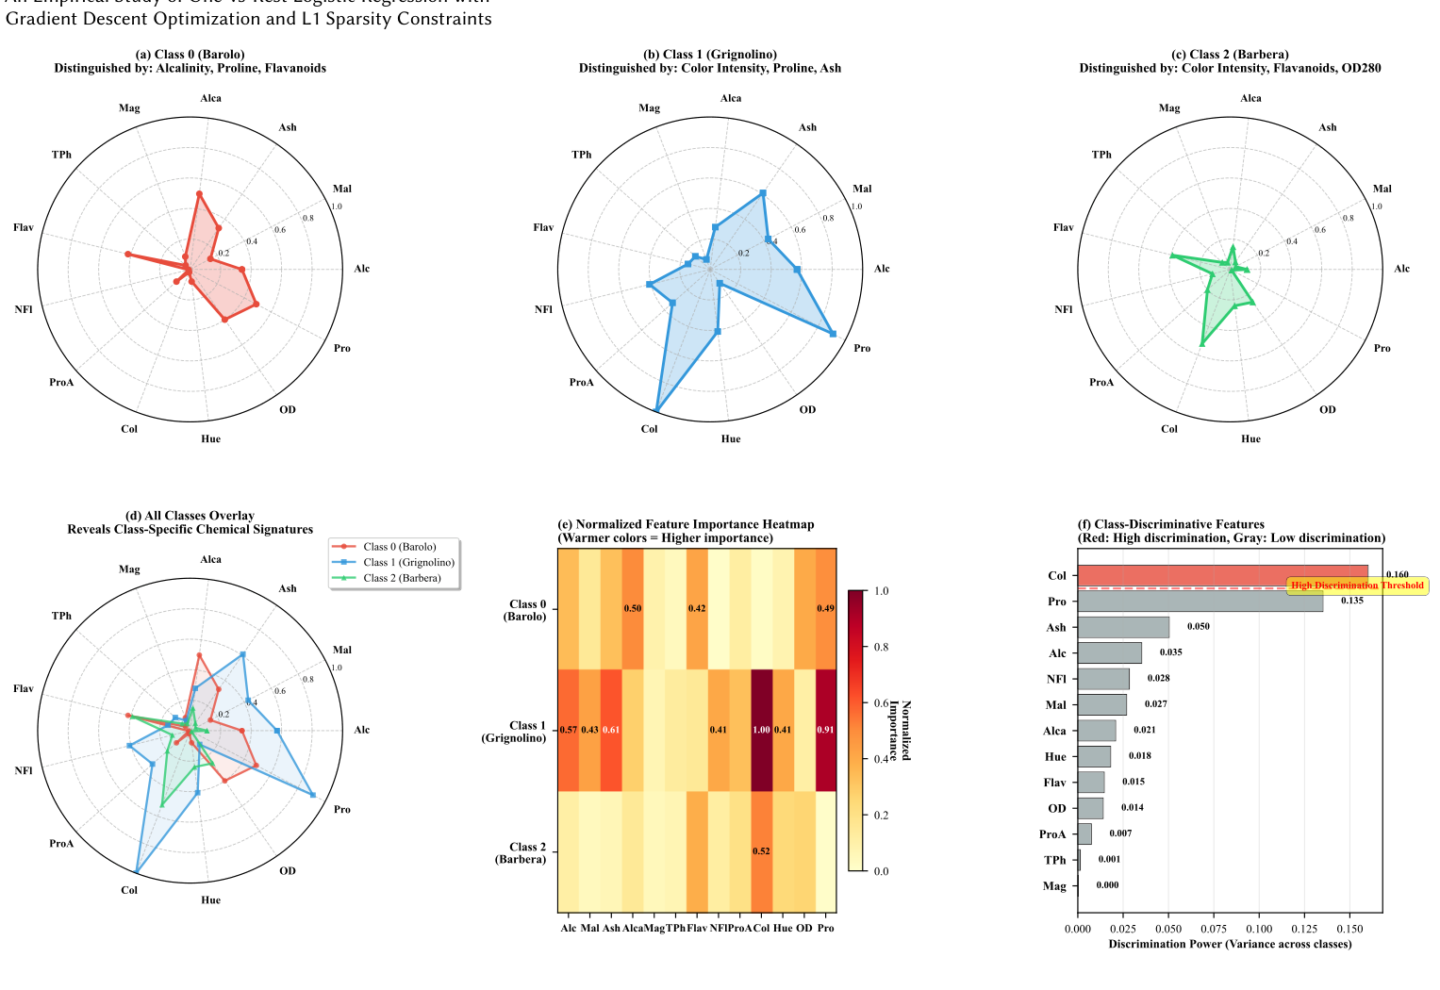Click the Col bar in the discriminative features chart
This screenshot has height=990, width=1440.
[x=1222, y=575]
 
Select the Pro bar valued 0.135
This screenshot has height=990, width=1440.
[x=1200, y=602]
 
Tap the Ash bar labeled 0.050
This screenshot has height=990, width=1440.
[x=1123, y=627]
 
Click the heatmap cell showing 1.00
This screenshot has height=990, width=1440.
[x=761, y=730]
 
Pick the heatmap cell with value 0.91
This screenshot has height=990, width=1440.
[x=825, y=730]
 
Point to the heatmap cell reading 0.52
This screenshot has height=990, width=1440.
[x=761, y=851]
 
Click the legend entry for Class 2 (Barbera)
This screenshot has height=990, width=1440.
[x=402, y=578]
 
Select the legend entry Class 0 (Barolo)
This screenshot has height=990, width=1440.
[x=399, y=547]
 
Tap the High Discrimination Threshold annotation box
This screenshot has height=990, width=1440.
[x=1357, y=586]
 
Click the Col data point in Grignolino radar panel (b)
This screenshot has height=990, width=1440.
[x=656, y=410]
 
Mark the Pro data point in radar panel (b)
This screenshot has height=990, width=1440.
[x=833, y=333]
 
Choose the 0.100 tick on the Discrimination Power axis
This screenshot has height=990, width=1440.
[x=1259, y=930]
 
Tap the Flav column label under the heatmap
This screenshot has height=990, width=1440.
[x=697, y=928]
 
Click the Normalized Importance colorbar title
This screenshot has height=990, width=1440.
[x=899, y=731]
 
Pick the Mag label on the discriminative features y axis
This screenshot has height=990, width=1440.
[x=1054, y=886]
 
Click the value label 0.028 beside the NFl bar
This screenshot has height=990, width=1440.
[x=1158, y=679]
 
